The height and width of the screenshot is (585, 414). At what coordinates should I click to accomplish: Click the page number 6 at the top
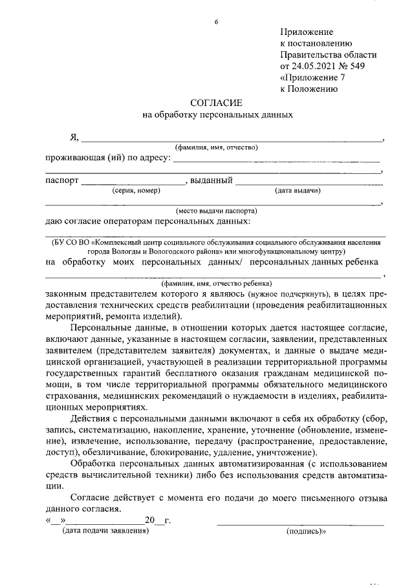point(216,22)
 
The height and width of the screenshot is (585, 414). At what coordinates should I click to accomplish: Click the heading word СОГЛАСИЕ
point(216,103)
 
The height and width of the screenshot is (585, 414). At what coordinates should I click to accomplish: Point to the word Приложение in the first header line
point(306,32)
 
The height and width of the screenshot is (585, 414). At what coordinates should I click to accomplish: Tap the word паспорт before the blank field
point(61,180)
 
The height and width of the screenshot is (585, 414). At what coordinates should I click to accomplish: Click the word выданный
point(211,180)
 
